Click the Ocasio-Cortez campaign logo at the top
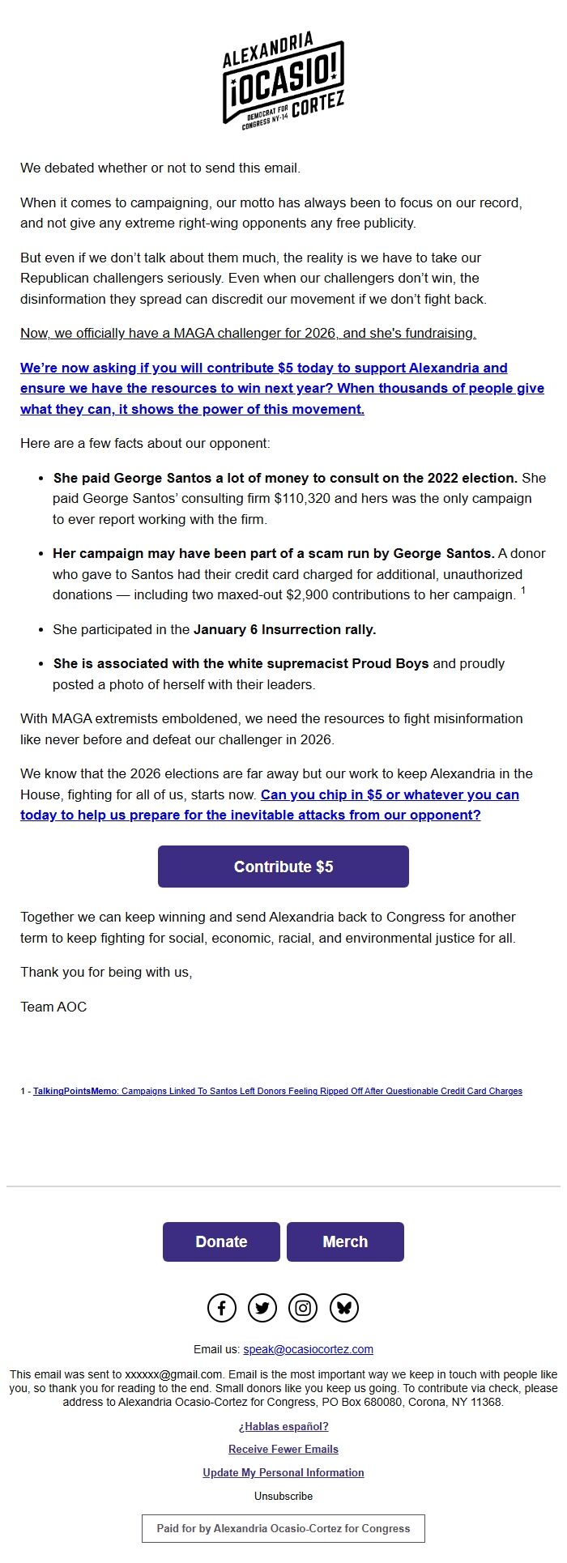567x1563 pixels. coord(283,79)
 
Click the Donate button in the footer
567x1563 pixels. coord(221,1241)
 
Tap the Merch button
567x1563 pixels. coord(345,1241)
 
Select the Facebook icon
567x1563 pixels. coord(222,1308)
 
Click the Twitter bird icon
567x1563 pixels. coord(262,1308)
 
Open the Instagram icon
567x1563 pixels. coord(303,1308)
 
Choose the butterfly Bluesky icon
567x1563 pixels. coord(344,1308)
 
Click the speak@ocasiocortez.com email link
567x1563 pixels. coord(308,1349)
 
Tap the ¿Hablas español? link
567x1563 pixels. coord(283,1426)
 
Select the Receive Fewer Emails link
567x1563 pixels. coord(283,1449)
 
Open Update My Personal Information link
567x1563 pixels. coord(283,1472)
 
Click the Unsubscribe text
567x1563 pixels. coord(283,1496)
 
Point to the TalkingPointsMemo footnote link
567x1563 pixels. coord(277,1091)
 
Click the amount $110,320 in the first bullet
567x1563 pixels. coord(302,498)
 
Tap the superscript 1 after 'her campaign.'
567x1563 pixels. coord(523,591)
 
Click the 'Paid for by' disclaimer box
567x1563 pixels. coord(283,1528)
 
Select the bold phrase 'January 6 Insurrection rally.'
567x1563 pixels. coord(284,629)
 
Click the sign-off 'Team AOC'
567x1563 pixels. coord(53,1007)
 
